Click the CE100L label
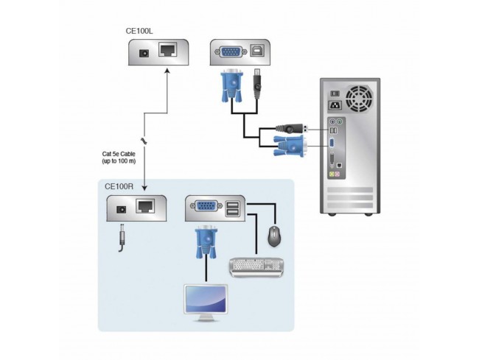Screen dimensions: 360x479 tap(139, 32)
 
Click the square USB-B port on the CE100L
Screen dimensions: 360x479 tap(258, 52)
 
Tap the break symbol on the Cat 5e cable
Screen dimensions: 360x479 tap(144, 140)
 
